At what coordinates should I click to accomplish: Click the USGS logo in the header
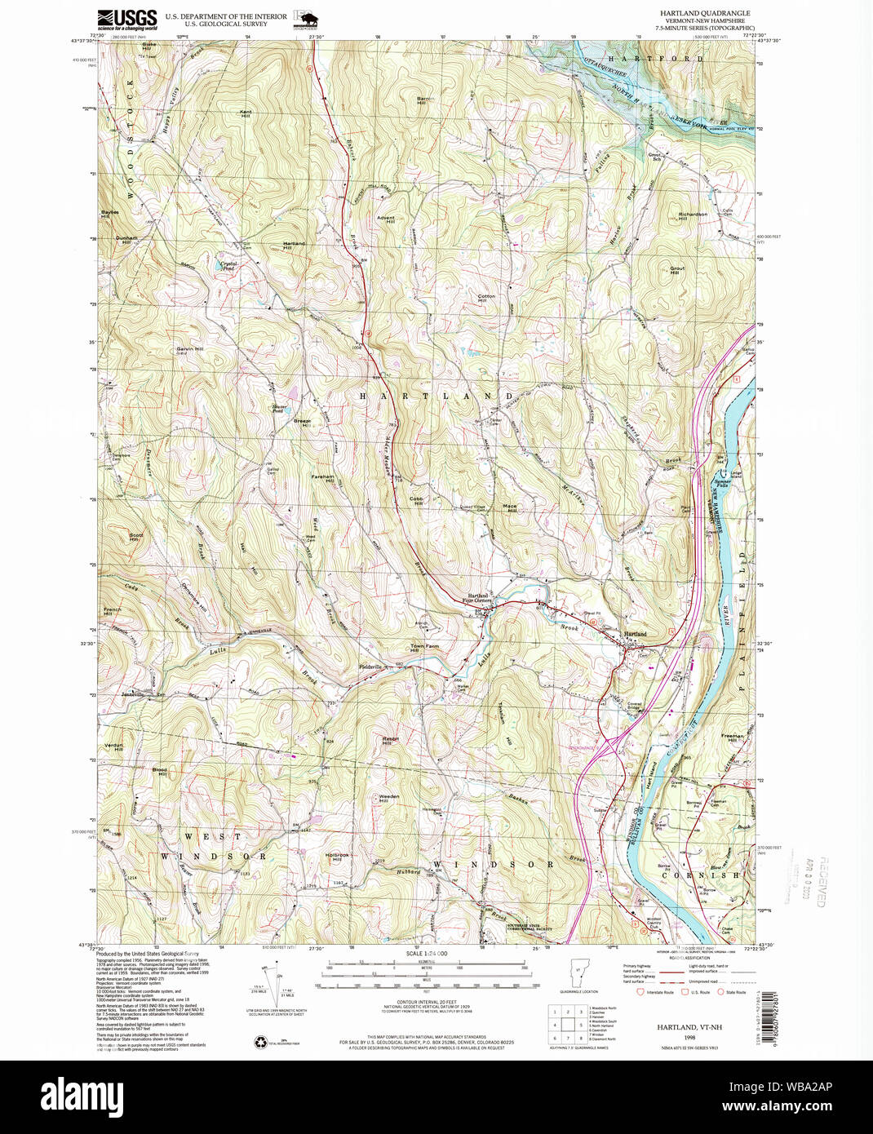click(x=126, y=19)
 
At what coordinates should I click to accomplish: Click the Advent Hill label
click(x=386, y=219)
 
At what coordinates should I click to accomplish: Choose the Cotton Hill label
click(x=487, y=298)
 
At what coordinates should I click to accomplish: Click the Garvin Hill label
click(x=189, y=349)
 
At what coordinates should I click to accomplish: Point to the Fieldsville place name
click(x=371, y=666)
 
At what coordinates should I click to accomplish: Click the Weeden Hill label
click(x=388, y=798)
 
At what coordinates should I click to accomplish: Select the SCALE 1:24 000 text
click(x=425, y=954)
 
